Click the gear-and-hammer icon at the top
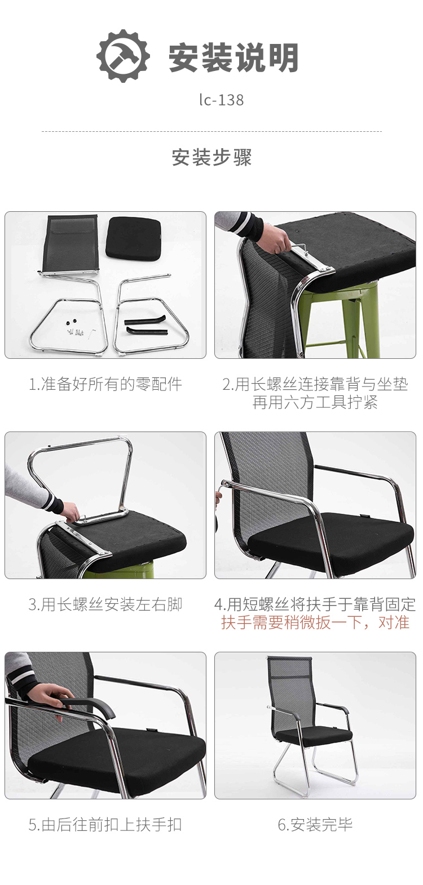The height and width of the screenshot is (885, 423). click(x=123, y=56)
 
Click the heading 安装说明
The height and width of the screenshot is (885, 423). click(x=233, y=57)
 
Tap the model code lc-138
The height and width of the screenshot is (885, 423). click(x=222, y=100)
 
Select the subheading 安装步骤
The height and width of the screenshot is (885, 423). click(x=211, y=157)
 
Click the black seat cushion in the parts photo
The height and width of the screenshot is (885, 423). click(x=134, y=238)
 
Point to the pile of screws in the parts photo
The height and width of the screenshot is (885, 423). click(x=75, y=330)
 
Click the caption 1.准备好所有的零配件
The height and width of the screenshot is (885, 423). click(x=105, y=384)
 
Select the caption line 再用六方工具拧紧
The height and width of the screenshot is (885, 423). click(x=315, y=403)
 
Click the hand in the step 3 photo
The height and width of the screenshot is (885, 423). click(x=72, y=512)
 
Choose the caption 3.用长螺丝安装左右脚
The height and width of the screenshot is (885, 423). click(x=105, y=604)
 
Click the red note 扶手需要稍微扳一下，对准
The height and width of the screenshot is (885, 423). click(x=315, y=622)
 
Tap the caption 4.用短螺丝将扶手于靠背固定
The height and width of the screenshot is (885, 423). click(x=315, y=604)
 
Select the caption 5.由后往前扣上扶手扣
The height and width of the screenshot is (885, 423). click(x=105, y=825)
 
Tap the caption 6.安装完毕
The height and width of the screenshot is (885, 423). click(x=315, y=825)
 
